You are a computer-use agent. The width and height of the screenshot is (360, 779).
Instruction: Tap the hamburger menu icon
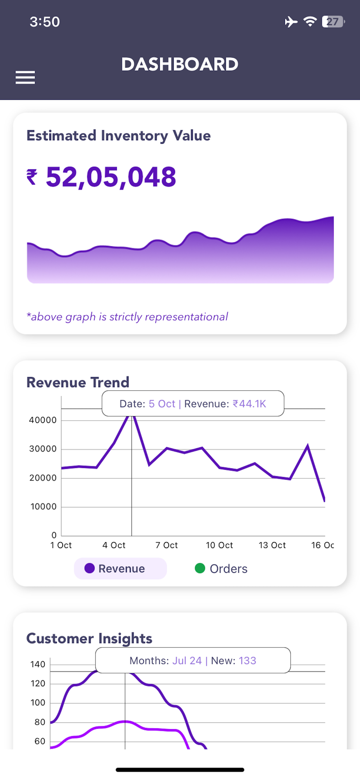click(25, 78)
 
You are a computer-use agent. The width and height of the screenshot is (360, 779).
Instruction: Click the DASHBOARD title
click(180, 65)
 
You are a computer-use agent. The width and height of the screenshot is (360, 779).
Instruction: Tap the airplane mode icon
click(291, 22)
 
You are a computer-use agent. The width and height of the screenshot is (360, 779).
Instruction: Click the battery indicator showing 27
click(333, 22)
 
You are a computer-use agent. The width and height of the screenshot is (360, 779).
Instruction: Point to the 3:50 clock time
click(45, 22)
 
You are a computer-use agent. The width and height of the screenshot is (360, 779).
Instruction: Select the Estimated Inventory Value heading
click(118, 136)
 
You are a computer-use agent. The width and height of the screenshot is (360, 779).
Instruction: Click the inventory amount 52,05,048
click(111, 177)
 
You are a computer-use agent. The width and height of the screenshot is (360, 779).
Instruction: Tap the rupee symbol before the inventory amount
click(32, 177)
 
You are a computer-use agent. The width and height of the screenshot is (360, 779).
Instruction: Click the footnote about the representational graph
click(127, 317)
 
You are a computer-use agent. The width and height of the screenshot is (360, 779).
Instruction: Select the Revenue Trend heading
click(78, 382)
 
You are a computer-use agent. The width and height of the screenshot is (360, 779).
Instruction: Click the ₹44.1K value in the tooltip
click(249, 404)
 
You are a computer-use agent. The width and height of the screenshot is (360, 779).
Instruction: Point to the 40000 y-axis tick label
click(43, 420)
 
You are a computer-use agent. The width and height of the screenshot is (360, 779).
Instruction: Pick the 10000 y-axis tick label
click(44, 507)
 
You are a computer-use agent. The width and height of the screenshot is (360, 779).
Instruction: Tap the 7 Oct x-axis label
click(166, 545)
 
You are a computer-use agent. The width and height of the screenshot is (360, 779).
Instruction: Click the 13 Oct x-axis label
click(272, 545)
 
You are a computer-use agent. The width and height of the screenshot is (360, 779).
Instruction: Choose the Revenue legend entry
click(120, 569)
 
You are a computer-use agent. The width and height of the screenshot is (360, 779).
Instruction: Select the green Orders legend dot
click(200, 569)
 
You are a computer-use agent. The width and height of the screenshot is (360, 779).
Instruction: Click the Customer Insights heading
click(89, 639)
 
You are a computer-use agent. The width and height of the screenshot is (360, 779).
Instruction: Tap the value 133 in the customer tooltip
click(247, 661)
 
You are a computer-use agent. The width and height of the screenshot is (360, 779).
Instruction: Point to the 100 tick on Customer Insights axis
click(38, 703)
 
